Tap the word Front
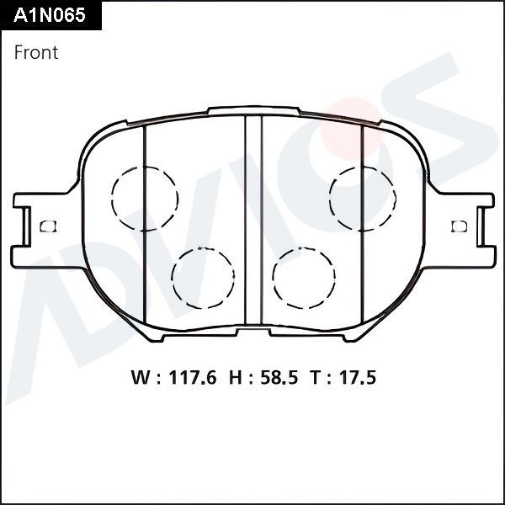click(36, 52)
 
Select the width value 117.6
click(191, 378)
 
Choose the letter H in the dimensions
click(232, 378)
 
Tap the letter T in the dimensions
click(314, 378)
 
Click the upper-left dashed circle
click(144, 199)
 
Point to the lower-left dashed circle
click(202, 278)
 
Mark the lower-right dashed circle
click(304, 278)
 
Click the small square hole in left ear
click(47, 226)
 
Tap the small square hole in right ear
click(459, 226)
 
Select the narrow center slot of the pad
click(253, 221)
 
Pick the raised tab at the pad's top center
click(253, 110)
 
